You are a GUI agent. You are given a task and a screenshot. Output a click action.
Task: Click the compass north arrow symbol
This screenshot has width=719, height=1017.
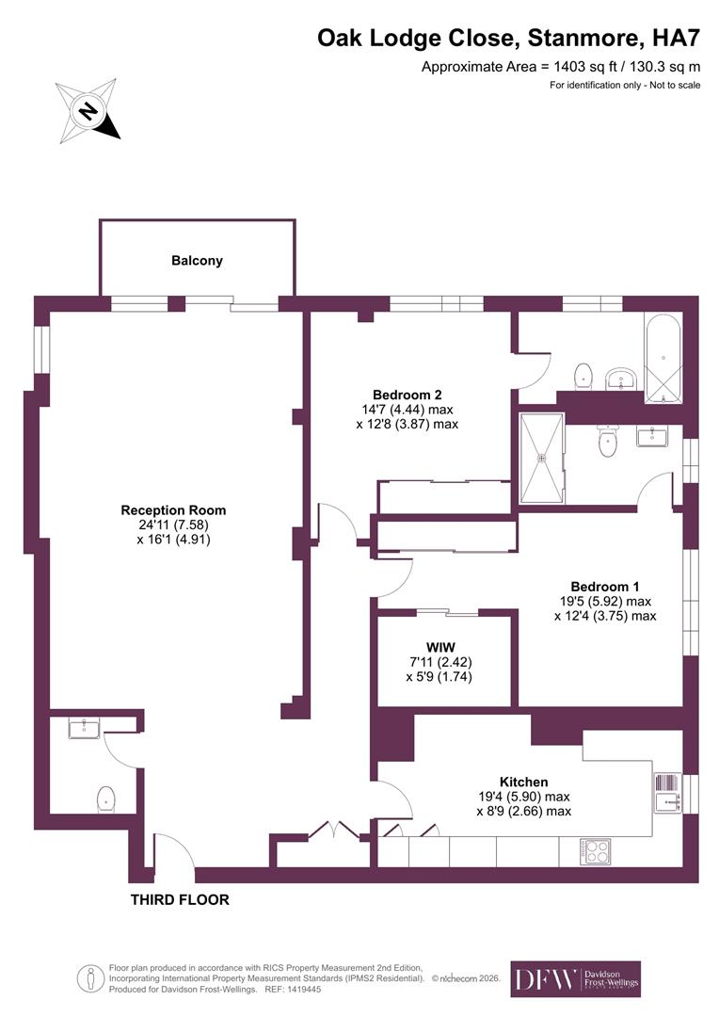pos(88,112)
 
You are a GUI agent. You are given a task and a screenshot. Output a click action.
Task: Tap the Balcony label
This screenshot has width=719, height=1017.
pos(197,261)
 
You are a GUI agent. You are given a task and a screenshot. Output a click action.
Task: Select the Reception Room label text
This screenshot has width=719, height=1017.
pos(173,510)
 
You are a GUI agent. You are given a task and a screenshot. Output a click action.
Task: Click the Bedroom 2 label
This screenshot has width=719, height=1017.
pos(407,395)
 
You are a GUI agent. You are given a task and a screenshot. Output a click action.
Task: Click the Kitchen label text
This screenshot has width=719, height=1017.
pos(523,782)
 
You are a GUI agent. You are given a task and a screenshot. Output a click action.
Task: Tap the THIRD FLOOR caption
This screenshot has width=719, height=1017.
pos(179,900)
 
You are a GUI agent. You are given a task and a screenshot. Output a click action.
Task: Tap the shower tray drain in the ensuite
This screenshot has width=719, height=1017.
pos(541,459)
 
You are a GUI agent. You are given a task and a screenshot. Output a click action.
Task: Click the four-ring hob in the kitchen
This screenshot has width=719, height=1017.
pos(597,851)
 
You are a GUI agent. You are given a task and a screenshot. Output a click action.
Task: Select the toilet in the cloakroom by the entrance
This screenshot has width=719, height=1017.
pos(105,799)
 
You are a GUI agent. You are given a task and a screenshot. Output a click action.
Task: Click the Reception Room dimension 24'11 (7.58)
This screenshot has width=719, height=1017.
pos(173,525)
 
